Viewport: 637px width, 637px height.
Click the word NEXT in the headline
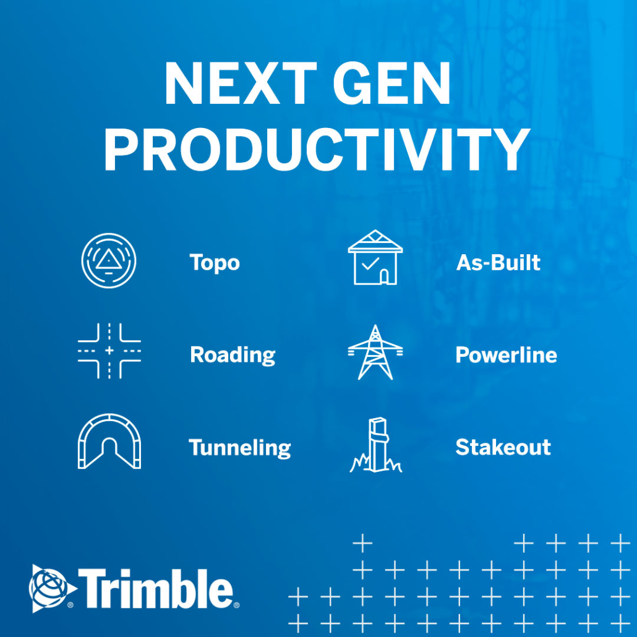241,83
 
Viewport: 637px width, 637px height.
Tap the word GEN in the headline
392,83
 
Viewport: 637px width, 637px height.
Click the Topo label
215,263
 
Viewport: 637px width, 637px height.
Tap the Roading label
233,356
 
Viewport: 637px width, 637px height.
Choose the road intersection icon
109,351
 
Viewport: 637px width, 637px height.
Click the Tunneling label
240,448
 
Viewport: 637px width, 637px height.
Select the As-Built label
498,262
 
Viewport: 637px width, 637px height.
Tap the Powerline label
506,355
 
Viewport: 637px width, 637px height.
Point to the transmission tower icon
375,353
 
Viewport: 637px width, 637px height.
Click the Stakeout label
503,447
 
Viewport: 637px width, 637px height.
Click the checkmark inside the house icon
370,263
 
